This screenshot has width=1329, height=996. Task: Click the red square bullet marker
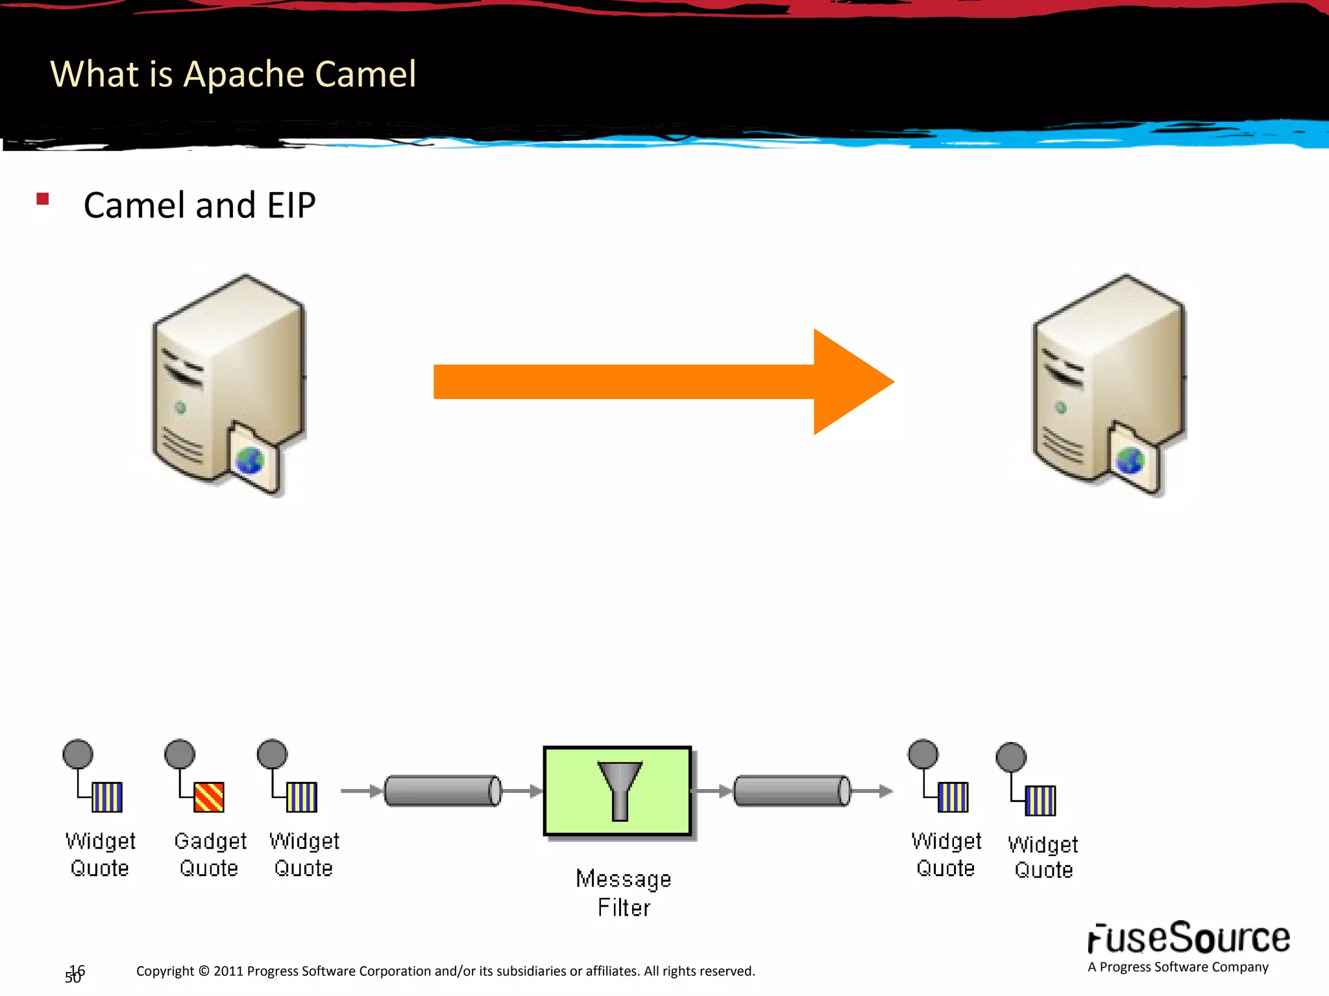coord(43,199)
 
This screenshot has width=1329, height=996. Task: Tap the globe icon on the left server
coord(250,461)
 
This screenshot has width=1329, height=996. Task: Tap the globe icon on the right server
coord(1130,461)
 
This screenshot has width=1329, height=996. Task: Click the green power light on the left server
coord(180,408)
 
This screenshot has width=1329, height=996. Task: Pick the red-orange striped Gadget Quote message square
coord(209,797)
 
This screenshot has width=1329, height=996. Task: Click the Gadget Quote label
coord(210,854)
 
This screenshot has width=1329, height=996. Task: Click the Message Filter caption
coord(623,893)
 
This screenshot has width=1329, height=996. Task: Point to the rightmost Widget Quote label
coord(1043,857)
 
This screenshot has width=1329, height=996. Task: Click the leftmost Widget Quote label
coord(100,854)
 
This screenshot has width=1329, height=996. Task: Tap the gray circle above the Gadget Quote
coord(180,754)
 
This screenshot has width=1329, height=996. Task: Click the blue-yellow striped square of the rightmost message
coord(1040,801)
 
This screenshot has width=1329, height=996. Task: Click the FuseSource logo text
coord(1188,938)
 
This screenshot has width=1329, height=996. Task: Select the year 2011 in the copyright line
coord(228,971)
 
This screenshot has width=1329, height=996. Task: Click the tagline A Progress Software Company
coord(1178,967)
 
